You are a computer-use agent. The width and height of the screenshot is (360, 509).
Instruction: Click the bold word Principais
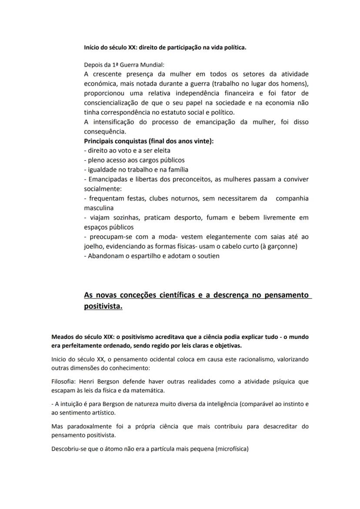pos(100,141)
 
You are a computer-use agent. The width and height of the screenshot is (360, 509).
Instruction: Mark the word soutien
pos(207,256)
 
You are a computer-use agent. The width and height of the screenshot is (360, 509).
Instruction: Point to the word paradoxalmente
pos(88,426)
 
